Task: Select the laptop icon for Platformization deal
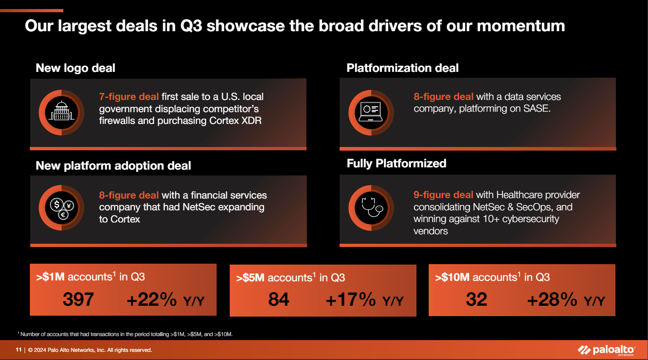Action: point(371,112)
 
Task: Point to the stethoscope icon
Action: point(371,208)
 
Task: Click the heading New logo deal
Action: point(76,68)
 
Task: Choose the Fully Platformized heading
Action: point(396,163)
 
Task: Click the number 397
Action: point(79,299)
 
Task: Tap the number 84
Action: point(279,299)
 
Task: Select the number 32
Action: point(477,299)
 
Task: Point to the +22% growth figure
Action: point(151,299)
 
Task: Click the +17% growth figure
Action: point(350,299)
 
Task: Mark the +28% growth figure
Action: point(552,299)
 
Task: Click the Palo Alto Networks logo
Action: point(607,350)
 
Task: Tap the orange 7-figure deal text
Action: point(129,97)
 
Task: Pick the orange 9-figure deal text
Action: point(443,195)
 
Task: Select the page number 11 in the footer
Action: point(19,350)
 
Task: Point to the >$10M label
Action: point(452,277)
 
